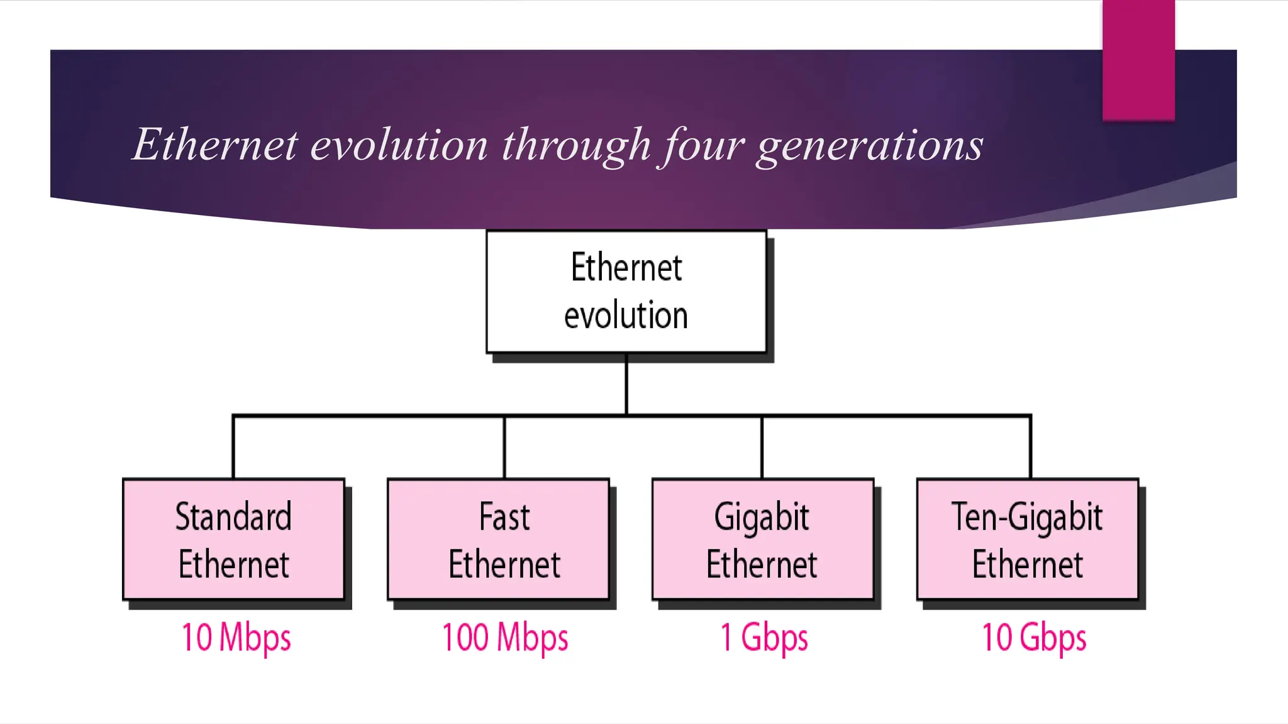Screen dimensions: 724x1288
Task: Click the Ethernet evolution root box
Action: [626, 292]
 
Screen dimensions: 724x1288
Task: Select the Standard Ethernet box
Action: [234, 539]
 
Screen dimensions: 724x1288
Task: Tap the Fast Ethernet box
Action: [499, 539]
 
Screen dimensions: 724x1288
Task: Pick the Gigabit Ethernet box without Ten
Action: [763, 539]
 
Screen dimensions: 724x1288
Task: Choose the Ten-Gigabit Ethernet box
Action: [1028, 539]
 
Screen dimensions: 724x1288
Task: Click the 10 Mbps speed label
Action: [236, 638]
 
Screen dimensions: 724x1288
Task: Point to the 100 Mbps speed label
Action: [505, 638]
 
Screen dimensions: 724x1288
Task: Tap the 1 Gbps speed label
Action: [764, 638]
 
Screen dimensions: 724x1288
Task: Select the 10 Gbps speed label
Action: [1034, 638]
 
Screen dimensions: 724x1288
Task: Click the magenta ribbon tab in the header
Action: [1138, 60]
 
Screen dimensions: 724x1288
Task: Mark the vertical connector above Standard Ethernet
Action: [233, 447]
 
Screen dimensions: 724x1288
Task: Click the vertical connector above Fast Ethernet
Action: [504, 447]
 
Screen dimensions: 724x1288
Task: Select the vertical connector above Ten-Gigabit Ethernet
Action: [1030, 447]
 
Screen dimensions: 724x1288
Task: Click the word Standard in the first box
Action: [233, 517]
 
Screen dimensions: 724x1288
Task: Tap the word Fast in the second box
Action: [504, 517]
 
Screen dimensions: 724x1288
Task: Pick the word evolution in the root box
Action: [626, 315]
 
